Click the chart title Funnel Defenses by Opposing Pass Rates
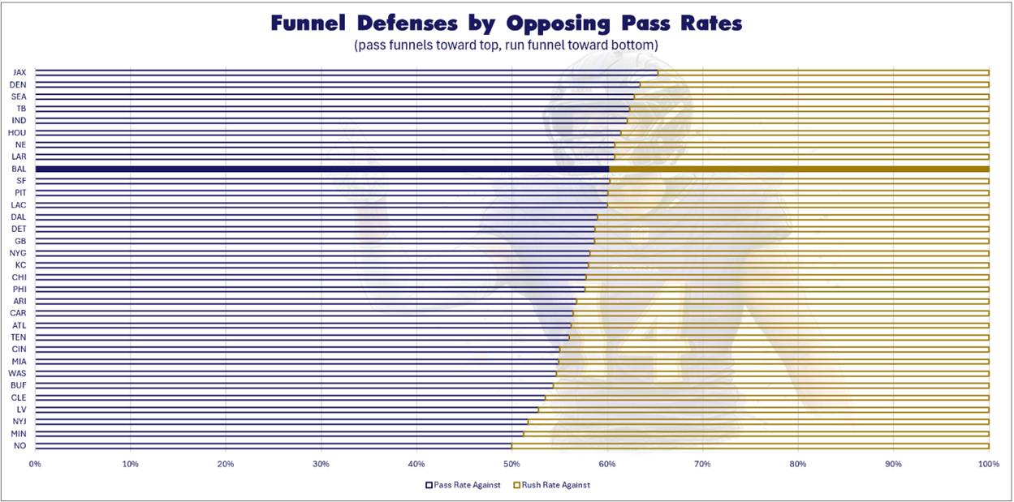pyautogui.click(x=506, y=24)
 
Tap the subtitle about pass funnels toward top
pyautogui.click(x=506, y=45)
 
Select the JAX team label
pyautogui.click(x=19, y=72)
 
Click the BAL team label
pyautogui.click(x=19, y=169)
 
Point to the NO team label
pyautogui.click(x=20, y=445)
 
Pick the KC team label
pyautogui.click(x=20, y=265)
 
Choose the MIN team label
pyautogui.click(x=19, y=434)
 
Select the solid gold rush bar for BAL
pyautogui.click(x=799, y=169)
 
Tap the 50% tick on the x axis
pyautogui.click(x=511, y=464)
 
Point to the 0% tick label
pyautogui.click(x=35, y=464)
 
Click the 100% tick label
pyautogui.click(x=988, y=464)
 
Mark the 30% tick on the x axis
pyautogui.click(x=321, y=464)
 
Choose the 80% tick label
pyautogui.click(x=798, y=464)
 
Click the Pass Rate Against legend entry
pyautogui.click(x=463, y=485)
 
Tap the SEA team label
pyautogui.click(x=19, y=97)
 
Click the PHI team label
pyautogui.click(x=19, y=289)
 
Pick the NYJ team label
pyautogui.click(x=19, y=422)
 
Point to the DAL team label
pyautogui.click(x=19, y=217)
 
